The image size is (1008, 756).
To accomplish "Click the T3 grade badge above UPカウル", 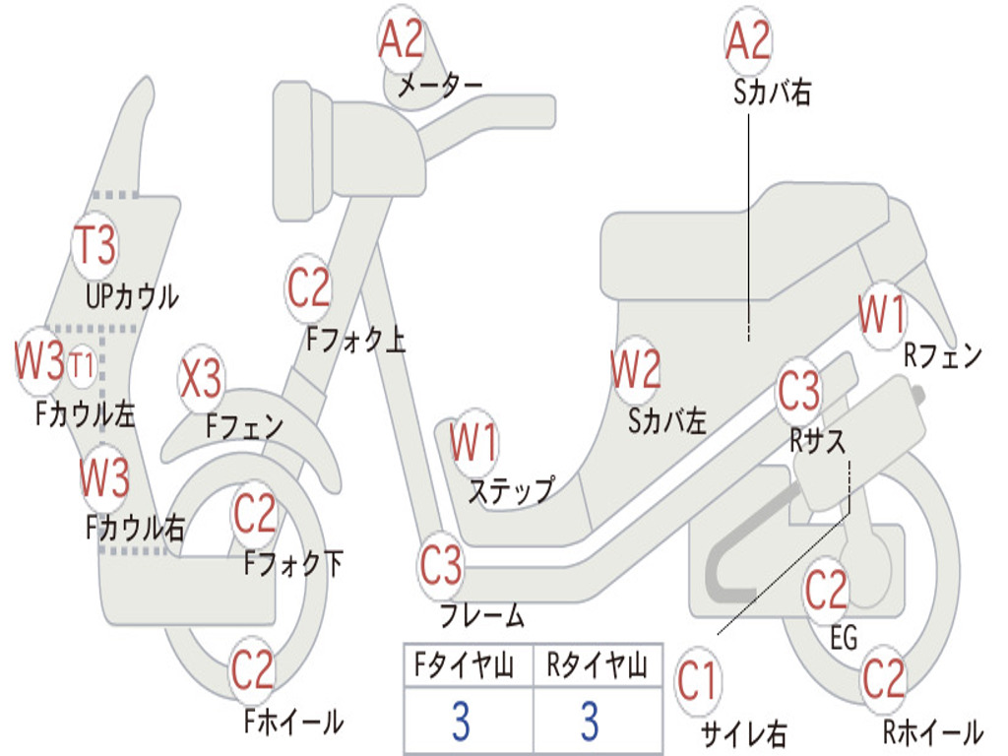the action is click(x=95, y=245).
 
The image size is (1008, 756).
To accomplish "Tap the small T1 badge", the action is click(x=82, y=365).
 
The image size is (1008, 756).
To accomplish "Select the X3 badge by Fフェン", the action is click(x=201, y=379).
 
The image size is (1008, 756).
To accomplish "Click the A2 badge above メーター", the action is click(x=402, y=39).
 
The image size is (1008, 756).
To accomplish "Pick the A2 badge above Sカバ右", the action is click(x=748, y=39).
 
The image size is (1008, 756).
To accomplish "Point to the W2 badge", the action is click(x=635, y=369).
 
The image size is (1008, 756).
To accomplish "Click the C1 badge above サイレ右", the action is click(x=697, y=680).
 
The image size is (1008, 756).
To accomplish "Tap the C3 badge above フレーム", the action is click(x=441, y=565).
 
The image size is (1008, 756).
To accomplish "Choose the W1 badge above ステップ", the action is click(x=473, y=442).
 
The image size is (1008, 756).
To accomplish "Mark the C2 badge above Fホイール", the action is click(x=252, y=669).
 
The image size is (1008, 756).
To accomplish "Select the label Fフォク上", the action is click(x=355, y=339).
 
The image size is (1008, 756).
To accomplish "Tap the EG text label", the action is click(x=844, y=638).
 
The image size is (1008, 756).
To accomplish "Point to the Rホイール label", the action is click(x=932, y=731).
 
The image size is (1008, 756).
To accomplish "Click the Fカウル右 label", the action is click(x=135, y=528).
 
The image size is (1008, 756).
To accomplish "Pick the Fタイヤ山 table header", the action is click(x=465, y=664).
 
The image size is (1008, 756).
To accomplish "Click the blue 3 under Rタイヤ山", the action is click(x=591, y=721).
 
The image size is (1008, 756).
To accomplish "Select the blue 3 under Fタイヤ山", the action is click(x=461, y=721).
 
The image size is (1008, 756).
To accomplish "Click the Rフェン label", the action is click(x=943, y=354).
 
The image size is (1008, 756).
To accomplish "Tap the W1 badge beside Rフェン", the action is click(x=882, y=315).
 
